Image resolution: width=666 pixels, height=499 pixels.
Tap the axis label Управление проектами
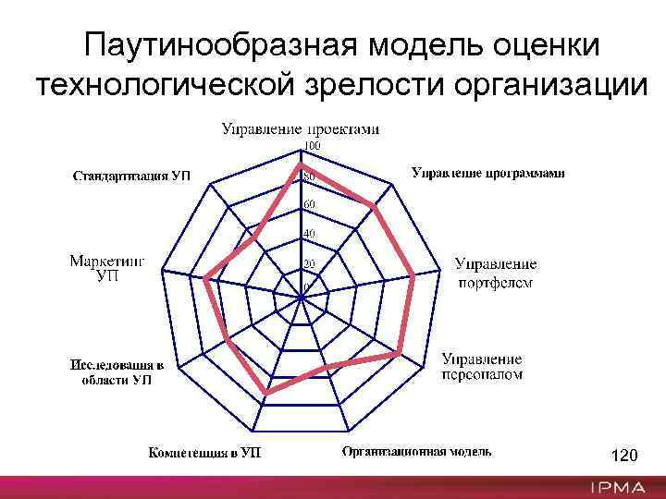pyautogui.click(x=300, y=129)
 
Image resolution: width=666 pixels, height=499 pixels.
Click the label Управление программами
pyautogui.click(x=487, y=173)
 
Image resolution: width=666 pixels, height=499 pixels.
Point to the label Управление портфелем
pyautogui.click(x=495, y=274)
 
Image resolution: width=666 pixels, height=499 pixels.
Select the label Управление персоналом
pyautogui.click(x=481, y=366)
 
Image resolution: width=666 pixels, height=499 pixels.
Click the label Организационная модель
pyautogui.click(x=416, y=452)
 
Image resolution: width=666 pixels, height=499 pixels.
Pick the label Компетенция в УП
pyautogui.click(x=205, y=453)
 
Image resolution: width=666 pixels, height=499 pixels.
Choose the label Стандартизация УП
pyautogui.click(x=131, y=176)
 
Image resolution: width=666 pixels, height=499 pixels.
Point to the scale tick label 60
pyautogui.click(x=310, y=203)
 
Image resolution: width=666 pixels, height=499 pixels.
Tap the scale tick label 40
pyautogui.click(x=310, y=234)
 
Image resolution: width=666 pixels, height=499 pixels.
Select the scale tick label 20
pyautogui.click(x=310, y=264)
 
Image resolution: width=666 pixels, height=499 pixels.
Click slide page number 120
pyautogui.click(x=625, y=456)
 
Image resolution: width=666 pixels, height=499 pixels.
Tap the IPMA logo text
pyautogui.click(x=620, y=487)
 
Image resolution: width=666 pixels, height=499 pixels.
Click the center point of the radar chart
pyautogui.click(x=302, y=298)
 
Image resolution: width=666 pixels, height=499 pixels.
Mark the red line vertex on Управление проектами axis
pyautogui.click(x=302, y=166)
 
